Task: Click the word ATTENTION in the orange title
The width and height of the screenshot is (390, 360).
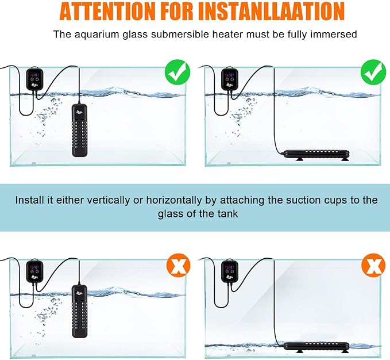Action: pos(107,11)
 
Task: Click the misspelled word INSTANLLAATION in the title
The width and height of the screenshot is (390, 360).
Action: pos(271,11)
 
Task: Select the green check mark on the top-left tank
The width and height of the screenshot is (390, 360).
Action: pos(177,72)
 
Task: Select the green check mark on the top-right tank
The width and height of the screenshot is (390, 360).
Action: pos(373,72)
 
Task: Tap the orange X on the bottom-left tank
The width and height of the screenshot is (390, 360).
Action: pos(179,265)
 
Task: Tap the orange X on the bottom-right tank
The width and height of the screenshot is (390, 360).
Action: pos(373,265)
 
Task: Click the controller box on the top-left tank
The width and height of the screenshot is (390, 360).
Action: pos(35,79)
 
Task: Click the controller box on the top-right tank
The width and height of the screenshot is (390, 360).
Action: pos(230,79)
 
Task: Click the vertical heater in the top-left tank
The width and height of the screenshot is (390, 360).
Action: pos(80,130)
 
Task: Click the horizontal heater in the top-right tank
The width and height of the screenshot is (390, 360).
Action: pos(316,155)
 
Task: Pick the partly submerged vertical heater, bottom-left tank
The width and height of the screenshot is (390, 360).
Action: pos(80,312)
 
